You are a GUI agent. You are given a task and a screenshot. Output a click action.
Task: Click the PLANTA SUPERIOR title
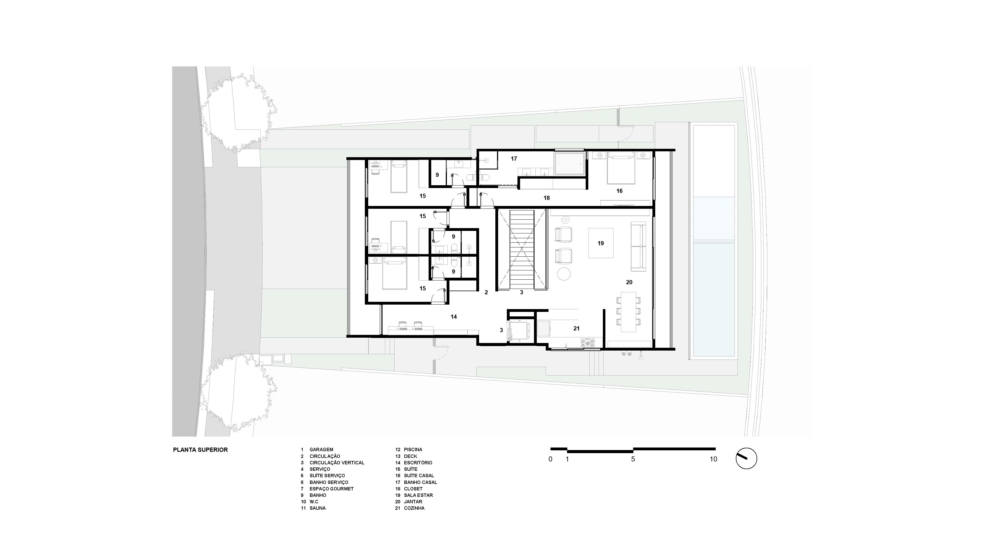point(200,450)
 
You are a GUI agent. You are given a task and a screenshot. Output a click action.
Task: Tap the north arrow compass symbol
point(746,458)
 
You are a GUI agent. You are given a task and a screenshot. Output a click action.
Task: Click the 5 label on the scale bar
point(633,459)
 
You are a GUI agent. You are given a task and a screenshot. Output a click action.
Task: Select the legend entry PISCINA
point(413,450)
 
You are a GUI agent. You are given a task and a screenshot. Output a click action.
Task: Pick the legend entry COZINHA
point(414,508)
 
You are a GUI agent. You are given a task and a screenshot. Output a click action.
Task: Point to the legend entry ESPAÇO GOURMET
point(331,489)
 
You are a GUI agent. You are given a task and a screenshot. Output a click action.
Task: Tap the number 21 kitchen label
point(576,328)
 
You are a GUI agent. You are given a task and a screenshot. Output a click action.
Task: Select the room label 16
point(619,191)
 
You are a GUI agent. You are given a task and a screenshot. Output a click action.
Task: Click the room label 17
point(514,159)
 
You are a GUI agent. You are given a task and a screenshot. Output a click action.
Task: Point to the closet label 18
point(547,198)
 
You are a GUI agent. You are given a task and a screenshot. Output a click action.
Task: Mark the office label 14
point(454,317)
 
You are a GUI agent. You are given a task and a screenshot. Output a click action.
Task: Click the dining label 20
point(629,282)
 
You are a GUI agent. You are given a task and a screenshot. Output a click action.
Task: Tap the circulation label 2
point(486,293)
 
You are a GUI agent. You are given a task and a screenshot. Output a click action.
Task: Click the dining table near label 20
point(628,312)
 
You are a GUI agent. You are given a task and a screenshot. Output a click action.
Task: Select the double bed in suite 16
point(621,168)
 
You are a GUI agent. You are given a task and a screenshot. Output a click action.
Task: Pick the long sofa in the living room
point(638,247)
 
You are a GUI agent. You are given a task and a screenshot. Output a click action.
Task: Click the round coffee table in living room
point(564,273)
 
